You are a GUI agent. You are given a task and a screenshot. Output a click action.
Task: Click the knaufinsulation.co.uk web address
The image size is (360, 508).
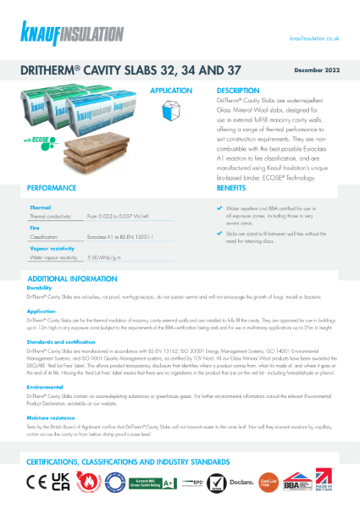(x=314, y=39)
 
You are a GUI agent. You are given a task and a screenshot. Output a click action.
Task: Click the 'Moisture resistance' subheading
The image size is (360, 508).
(x=51, y=417)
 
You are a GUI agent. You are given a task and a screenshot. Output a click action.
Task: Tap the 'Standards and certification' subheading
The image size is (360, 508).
(x=61, y=340)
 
